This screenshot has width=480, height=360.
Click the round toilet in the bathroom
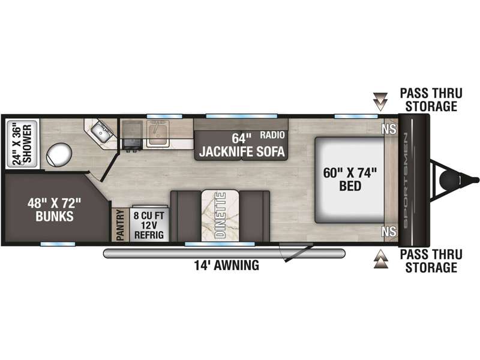(x=59, y=154)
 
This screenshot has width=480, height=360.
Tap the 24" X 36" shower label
(x=22, y=144)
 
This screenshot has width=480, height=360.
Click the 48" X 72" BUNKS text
(x=55, y=209)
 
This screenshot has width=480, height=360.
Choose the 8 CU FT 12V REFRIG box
(x=149, y=223)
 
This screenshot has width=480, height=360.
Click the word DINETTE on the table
(x=220, y=215)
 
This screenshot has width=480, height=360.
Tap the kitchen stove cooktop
(x=132, y=134)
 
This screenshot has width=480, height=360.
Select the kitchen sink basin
(x=158, y=133)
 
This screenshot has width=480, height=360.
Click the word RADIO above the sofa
(x=272, y=135)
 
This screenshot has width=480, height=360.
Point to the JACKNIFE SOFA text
(x=242, y=152)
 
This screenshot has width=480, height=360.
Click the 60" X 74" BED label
(x=350, y=179)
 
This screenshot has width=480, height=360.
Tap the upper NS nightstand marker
(x=389, y=129)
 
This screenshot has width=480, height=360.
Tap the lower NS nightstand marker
(x=389, y=232)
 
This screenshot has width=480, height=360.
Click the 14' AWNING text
(x=227, y=265)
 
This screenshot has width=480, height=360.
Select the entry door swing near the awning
(x=296, y=252)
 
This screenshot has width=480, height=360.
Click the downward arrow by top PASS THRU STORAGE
(x=380, y=101)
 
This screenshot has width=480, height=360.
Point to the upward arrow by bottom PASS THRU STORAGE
(x=380, y=259)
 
